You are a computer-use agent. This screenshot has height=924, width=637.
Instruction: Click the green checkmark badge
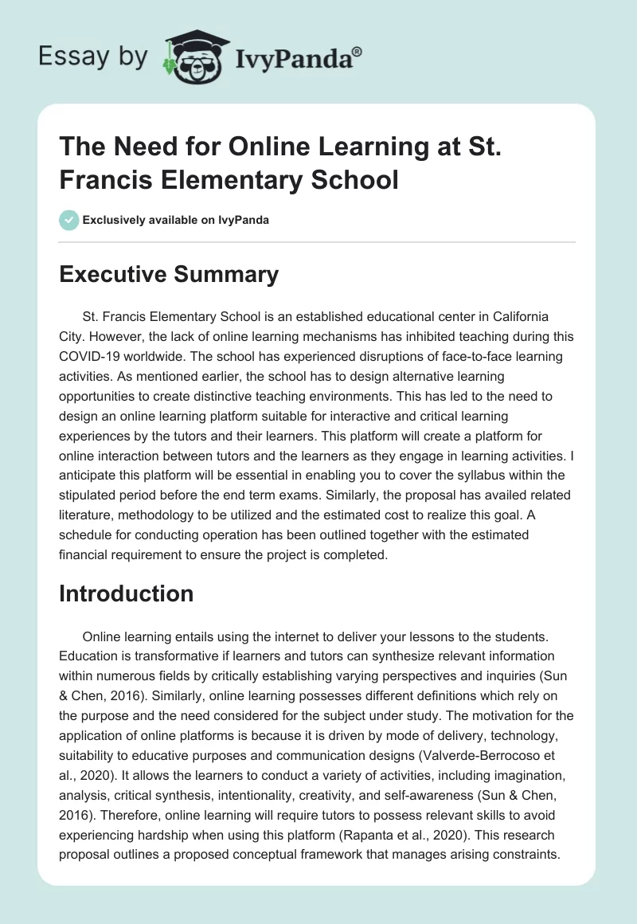pos(68,220)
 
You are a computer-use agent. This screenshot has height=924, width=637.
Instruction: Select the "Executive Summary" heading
pos(170,275)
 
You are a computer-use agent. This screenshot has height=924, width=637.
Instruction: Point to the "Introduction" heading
pos(127,593)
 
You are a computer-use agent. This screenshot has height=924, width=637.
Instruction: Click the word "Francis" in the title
pos(110,179)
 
